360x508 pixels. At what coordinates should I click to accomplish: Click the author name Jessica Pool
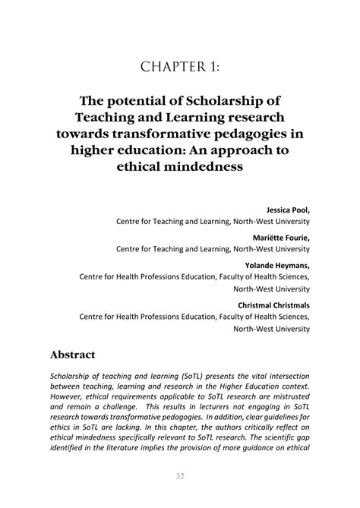288,209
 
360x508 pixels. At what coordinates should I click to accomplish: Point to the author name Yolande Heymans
279,264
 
